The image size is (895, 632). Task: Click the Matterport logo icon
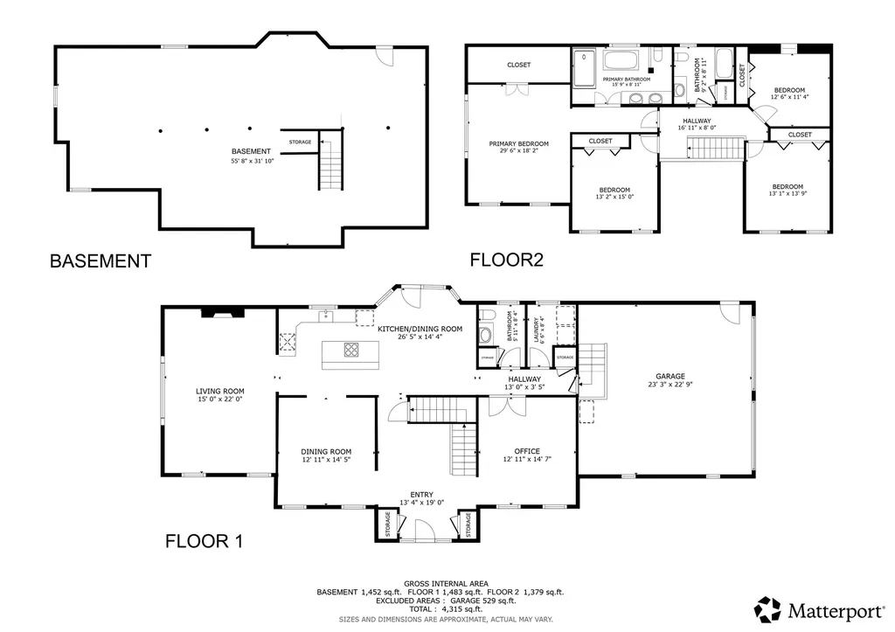point(768,608)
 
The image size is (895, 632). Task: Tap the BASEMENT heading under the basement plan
point(100,260)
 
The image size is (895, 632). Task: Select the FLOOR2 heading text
point(506,260)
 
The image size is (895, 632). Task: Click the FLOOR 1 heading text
point(203,542)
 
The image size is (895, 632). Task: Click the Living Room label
point(219,392)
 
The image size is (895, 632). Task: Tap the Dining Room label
point(326,451)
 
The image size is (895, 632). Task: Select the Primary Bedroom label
point(518,143)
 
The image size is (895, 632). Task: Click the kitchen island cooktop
point(350,351)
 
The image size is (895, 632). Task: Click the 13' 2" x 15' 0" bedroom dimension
point(614,198)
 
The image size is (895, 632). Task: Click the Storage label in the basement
point(300,142)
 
